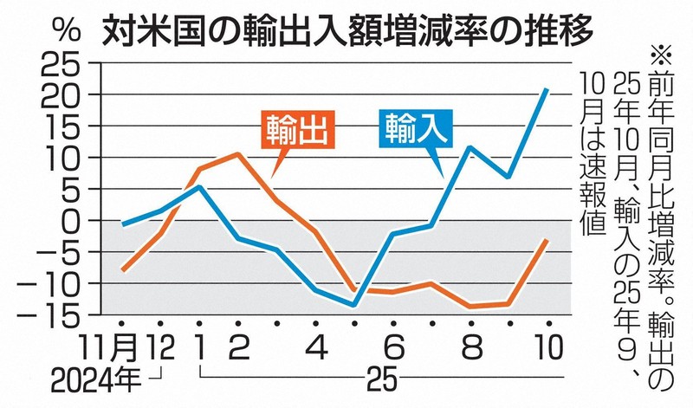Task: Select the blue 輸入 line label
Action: [x=416, y=129]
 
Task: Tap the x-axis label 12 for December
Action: [x=160, y=350]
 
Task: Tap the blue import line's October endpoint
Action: [x=547, y=89]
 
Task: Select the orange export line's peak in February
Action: [x=237, y=154]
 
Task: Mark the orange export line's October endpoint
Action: [x=547, y=239]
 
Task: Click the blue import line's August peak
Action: [x=470, y=147]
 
